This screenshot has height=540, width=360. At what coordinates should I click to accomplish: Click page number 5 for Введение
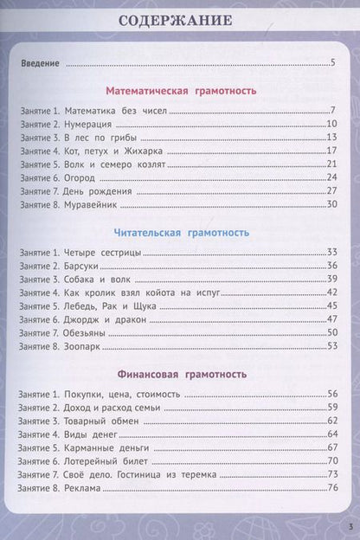pyautogui.click(x=332, y=63)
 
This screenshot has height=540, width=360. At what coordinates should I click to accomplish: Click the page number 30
pyautogui.click(x=330, y=204)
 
